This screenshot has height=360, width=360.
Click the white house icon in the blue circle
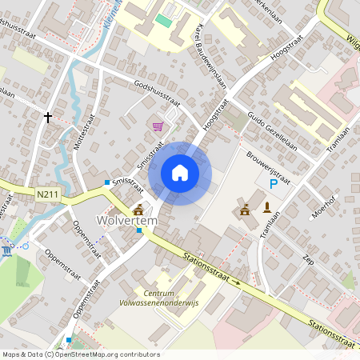[x=180, y=173]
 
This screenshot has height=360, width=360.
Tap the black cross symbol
[x=48, y=118]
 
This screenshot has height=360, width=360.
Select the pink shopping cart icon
[x=158, y=126]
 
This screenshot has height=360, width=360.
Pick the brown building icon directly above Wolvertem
[x=138, y=207]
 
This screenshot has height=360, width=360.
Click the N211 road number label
[x=49, y=194]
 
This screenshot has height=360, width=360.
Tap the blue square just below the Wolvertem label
[x=139, y=230]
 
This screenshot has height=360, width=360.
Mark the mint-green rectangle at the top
[x=164, y=20]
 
